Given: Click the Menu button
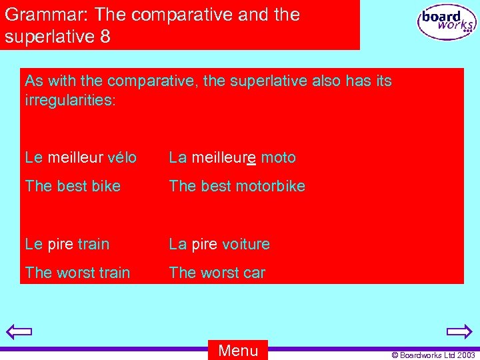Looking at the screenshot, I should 238,351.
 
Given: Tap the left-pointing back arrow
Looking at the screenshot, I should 19,331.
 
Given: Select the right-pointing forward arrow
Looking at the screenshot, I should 459,331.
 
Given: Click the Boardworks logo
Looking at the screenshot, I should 447,23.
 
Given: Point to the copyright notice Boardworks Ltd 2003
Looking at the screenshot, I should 433,354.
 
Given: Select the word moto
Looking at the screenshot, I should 278,158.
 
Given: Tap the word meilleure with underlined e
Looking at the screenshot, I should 223,158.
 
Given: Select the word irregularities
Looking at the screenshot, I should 69,101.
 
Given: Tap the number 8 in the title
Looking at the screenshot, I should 105,36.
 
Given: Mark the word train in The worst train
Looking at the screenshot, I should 113,273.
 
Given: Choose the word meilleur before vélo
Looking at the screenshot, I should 69,158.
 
